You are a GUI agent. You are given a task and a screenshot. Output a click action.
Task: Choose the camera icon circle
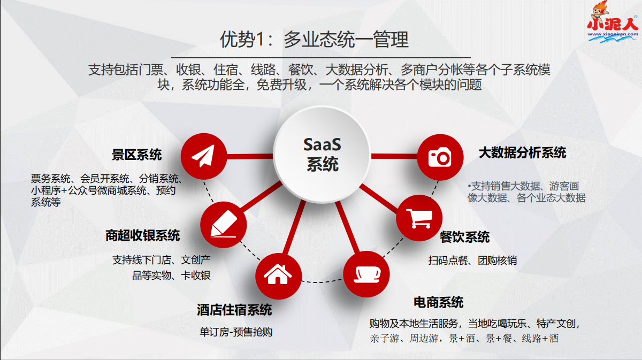[x=440, y=157]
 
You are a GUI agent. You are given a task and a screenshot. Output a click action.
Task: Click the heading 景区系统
[x=136, y=155]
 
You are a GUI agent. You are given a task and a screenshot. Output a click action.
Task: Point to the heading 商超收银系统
[x=142, y=235]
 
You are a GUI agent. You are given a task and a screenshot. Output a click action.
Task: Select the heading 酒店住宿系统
[x=234, y=310]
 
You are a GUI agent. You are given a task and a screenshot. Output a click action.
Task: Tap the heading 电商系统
[x=439, y=302]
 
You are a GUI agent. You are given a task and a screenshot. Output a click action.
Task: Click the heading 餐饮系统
[x=464, y=237]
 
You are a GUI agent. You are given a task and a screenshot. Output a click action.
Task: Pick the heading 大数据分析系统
[x=522, y=153]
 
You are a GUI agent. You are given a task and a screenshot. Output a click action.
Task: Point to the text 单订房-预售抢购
[x=236, y=332]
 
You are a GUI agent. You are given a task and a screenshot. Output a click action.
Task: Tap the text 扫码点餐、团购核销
[x=472, y=261]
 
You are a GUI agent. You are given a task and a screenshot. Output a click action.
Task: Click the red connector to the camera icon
[x=393, y=156]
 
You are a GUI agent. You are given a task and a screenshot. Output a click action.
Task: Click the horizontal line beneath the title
[x=321, y=57]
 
